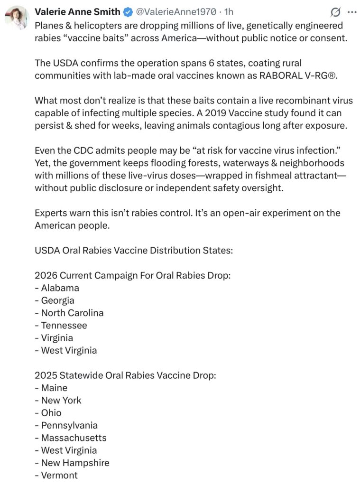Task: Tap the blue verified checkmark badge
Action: pos(127,11)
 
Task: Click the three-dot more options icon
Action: pos(351,12)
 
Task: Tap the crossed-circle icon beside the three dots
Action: pos(335,12)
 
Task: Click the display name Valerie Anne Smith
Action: pos(77,11)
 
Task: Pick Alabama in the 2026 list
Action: pos(60,288)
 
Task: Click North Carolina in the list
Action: pos(72,313)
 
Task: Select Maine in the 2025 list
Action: pos(54,388)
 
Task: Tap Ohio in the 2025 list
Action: pos(51,413)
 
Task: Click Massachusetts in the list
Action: pos(74,438)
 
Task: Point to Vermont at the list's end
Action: pos(59,476)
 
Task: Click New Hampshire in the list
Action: pos(75,463)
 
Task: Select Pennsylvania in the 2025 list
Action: pos(69,425)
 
